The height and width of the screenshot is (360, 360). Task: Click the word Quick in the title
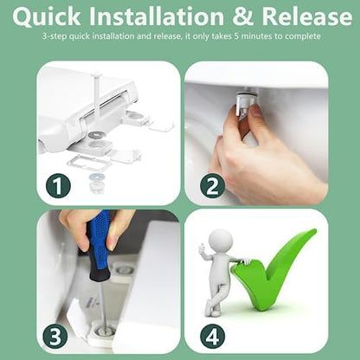coord(47,16)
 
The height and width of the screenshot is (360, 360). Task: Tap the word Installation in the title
coord(157,16)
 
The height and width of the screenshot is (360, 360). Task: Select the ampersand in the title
coord(243,16)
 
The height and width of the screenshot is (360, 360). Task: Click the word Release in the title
coord(307,16)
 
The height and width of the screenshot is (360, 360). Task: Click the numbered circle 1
coord(58,186)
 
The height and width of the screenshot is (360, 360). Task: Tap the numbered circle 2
coord(213,186)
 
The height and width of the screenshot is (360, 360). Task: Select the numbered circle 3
coord(55,336)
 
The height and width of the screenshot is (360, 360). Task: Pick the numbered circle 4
coord(213,336)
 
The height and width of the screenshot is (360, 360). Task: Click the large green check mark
coord(274,270)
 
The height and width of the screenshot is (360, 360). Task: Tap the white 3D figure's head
coord(221,241)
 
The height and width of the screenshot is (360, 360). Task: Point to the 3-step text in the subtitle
coord(55,36)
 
